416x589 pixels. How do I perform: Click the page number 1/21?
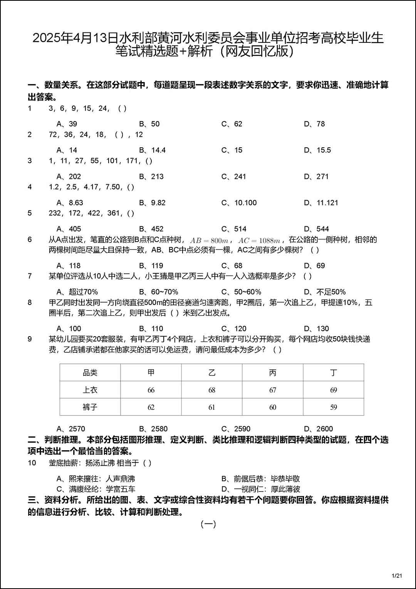tap(397, 576)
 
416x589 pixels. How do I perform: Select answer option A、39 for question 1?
tap(67, 124)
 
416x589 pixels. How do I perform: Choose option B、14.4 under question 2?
tap(152, 150)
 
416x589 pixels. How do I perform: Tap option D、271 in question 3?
tap(316, 177)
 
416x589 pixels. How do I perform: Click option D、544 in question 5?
tap(316, 229)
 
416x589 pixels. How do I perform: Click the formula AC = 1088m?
tap(259, 240)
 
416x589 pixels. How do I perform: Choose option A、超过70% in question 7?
tap(77, 292)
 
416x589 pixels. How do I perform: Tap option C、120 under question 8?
tap(234, 328)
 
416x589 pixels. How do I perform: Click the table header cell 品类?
tap(90, 373)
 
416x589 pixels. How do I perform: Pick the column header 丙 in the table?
tap(273, 373)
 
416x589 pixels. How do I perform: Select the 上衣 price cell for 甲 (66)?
tap(151, 390)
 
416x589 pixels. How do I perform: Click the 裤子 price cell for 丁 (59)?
tap(334, 407)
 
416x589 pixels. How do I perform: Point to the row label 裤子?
tap(90, 407)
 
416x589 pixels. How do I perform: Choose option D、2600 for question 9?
tap(318, 429)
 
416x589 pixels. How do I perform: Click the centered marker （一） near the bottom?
tap(208, 524)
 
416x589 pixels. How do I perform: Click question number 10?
tap(32, 463)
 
